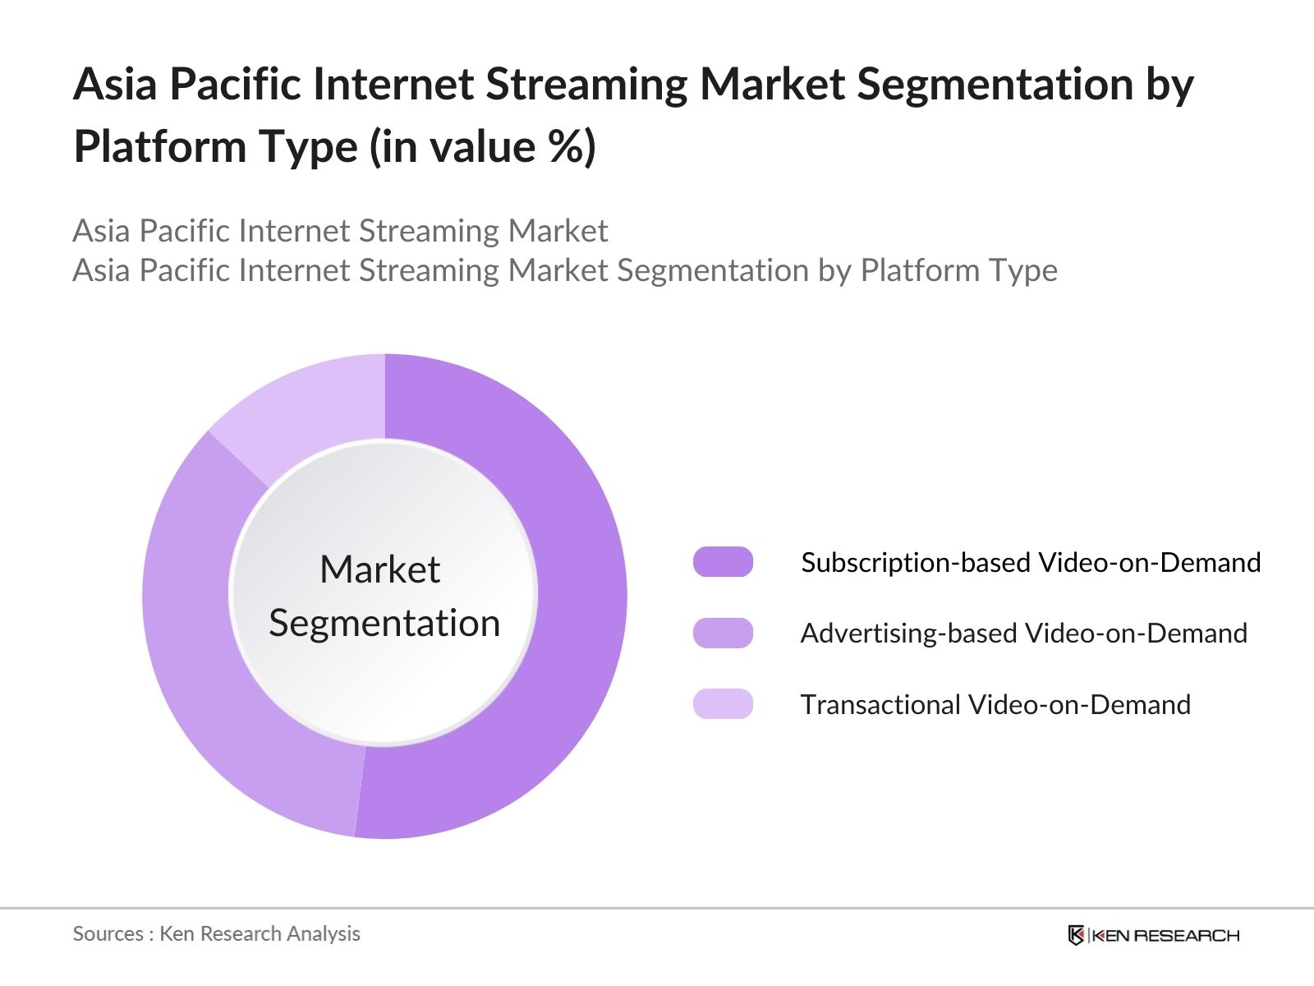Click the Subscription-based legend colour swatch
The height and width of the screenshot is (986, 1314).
click(723, 561)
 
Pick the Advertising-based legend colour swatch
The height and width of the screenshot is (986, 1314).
click(723, 633)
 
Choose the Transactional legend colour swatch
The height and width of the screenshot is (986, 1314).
click(723, 703)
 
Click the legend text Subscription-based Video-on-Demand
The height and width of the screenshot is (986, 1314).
click(1031, 563)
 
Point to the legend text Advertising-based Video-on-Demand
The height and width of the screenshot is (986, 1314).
click(1023, 634)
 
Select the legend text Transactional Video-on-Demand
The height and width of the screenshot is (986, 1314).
click(995, 705)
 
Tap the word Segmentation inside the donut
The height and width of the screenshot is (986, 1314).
click(384, 623)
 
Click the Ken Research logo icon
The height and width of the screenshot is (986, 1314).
click(1076, 934)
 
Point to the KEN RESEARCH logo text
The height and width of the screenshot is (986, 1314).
click(1165, 935)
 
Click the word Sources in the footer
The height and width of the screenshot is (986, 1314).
click(108, 934)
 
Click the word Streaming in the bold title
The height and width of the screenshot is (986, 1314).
click(586, 85)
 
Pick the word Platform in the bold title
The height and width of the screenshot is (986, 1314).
click(160, 146)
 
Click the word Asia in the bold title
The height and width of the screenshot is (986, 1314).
click(115, 83)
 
